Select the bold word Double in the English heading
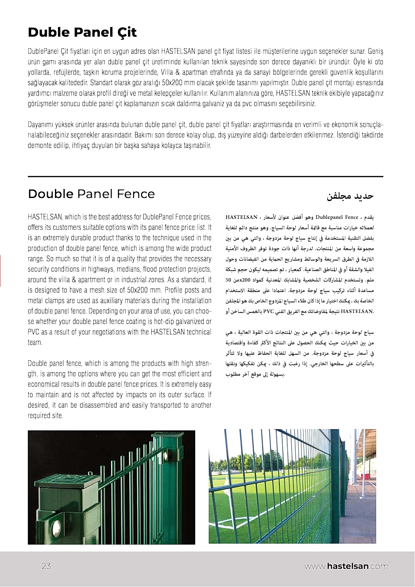(x=51, y=194)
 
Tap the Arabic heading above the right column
(x=350, y=196)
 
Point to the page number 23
(x=46, y=566)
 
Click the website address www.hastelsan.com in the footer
(x=346, y=566)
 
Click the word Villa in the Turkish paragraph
(x=167, y=73)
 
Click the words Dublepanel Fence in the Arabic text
(x=337, y=217)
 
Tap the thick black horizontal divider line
(x=205, y=176)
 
